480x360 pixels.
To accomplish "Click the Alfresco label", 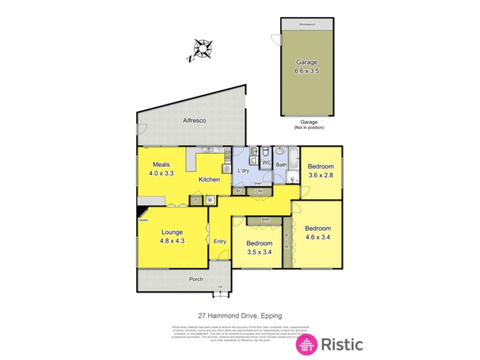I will click(194, 121).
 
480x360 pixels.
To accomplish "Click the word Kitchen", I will click(209, 179).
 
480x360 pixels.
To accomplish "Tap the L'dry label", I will click(244, 172).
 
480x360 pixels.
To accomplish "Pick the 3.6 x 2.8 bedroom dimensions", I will click(320, 175).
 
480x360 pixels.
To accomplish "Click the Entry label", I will click(220, 242).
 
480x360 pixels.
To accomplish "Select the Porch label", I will click(196, 279).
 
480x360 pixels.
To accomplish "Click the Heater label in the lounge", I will click(143, 220).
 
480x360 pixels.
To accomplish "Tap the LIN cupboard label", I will click(259, 191).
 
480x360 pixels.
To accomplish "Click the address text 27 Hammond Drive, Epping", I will click(240, 316).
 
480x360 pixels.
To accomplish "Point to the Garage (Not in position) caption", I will click(308, 125).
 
